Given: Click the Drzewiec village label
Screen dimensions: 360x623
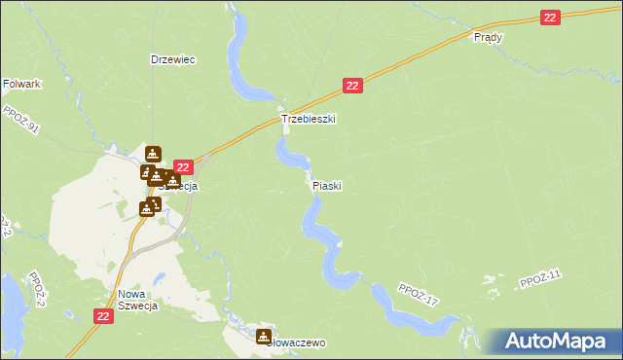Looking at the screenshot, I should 173,59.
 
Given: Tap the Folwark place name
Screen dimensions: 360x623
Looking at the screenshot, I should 21,85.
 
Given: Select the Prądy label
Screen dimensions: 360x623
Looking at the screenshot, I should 487,37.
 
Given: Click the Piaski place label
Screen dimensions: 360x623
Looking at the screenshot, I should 327,185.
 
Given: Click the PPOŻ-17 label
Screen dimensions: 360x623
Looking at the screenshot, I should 419,295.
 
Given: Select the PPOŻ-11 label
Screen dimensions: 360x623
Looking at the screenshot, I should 541,280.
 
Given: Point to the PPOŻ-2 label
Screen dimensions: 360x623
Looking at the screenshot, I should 37,289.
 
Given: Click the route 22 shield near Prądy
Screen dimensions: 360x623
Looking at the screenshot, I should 551,17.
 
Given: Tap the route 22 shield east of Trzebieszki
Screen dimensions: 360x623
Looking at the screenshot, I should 353,86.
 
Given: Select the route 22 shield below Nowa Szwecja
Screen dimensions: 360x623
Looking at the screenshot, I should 105,316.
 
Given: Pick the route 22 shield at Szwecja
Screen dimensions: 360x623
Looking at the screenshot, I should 182,168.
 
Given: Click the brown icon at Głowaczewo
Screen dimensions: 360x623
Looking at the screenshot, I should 264,337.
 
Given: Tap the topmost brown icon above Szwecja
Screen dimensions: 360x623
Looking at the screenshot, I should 153,154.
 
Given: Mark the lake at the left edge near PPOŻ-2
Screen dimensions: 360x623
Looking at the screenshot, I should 10,302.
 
